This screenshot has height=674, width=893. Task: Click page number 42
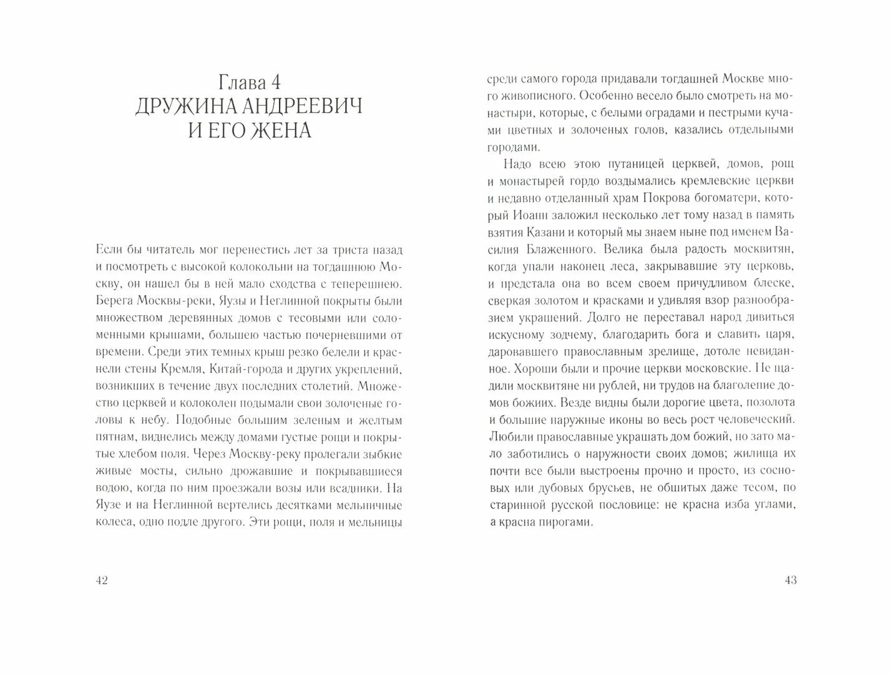(102, 580)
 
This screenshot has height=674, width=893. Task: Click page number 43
(791, 580)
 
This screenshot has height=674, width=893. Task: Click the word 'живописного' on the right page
(529, 96)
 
